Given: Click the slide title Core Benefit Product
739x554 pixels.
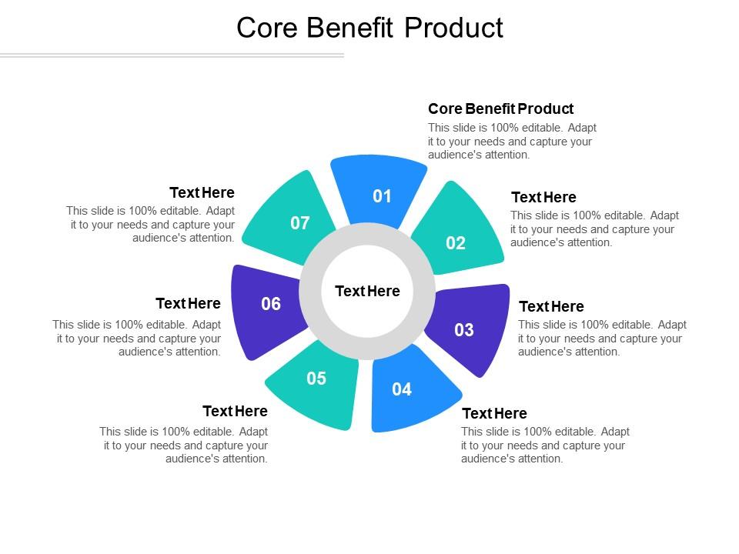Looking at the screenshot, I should click(369, 28).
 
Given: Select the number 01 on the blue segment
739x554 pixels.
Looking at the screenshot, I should click(383, 196).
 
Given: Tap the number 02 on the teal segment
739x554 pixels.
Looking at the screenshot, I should click(456, 243).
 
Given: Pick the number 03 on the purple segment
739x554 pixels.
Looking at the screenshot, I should click(464, 330).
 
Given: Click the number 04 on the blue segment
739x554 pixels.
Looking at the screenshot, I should click(402, 389).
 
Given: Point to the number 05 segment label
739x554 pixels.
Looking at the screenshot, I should click(316, 379).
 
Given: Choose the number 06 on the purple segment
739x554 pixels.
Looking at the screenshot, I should click(271, 304).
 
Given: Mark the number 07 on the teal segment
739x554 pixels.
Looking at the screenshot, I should click(299, 223).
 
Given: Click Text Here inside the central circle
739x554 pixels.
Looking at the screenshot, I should click(367, 291).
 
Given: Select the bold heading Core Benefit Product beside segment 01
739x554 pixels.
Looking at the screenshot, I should click(500, 108).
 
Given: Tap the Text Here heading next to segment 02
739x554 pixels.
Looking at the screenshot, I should click(543, 197).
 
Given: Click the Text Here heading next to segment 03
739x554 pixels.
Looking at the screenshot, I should click(551, 306).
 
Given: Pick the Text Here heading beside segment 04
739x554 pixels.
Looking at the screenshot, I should click(494, 413).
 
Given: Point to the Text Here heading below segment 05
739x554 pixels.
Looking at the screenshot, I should click(235, 411).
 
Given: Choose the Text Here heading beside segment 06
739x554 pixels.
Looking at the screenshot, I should click(188, 303).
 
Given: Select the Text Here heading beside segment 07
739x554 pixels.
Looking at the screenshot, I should click(202, 192).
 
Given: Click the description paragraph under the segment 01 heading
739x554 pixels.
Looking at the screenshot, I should click(512, 141).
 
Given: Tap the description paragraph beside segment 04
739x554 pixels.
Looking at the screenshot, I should click(545, 445).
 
